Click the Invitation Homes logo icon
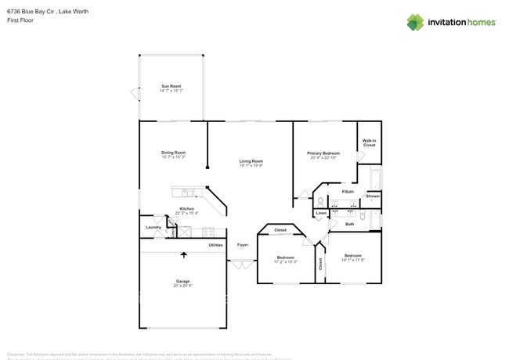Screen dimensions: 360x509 coord(415,22)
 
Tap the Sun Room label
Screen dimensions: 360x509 coord(171,85)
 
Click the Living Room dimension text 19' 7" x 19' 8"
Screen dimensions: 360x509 coord(251,165)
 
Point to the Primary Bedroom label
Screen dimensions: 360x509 coord(323,153)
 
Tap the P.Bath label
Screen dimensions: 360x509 coord(348,192)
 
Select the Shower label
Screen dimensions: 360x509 coord(373,196)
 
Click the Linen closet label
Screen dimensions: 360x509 coord(321,213)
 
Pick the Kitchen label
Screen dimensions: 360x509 coord(186,208)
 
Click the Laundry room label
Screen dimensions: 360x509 coord(153,227)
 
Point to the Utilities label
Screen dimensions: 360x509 coord(215,245)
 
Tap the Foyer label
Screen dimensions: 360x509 coord(243,245)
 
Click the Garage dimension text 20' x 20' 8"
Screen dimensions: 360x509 coord(182,286)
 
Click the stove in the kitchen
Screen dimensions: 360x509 coord(209,231)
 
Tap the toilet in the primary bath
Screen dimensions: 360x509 coord(321,200)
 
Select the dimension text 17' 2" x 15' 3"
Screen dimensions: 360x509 coord(285,261)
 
